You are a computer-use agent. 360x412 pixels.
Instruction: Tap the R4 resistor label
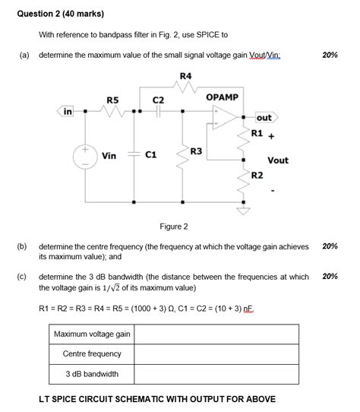click(185, 75)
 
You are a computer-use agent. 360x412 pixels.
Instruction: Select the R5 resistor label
click(112, 100)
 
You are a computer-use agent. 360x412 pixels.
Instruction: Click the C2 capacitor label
click(158, 100)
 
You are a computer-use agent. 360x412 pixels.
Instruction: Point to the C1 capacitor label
click(150, 155)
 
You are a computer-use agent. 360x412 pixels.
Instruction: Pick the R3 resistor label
click(196, 152)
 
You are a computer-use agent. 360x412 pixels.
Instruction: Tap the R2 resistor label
click(257, 176)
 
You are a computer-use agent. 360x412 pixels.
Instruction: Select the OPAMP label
click(222, 97)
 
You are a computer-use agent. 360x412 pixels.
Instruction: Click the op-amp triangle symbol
click(223, 123)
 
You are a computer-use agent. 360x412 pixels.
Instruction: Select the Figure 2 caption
click(174, 227)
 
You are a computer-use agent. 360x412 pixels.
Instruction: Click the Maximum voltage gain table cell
click(92, 334)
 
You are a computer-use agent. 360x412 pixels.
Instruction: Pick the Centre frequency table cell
click(92, 354)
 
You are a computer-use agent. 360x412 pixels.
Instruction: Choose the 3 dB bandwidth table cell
click(92, 374)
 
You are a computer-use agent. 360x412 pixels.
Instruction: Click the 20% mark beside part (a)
click(330, 55)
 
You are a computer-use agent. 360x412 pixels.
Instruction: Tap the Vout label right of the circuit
click(278, 160)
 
